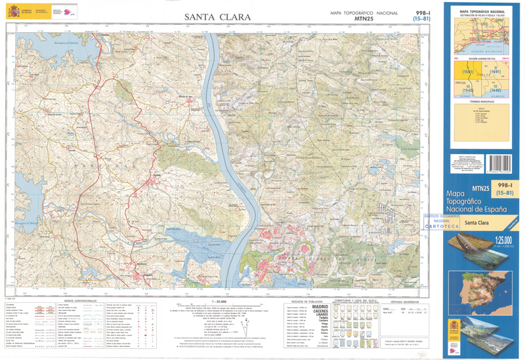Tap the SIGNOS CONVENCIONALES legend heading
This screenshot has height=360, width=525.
[81, 301]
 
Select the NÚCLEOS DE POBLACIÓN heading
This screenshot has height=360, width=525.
[306, 301]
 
